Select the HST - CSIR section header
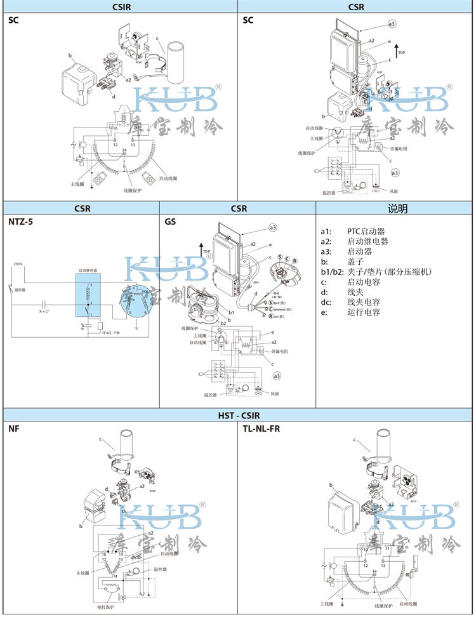[238, 415]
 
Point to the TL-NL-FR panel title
[261, 429]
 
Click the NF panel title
[13, 429]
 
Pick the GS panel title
[170, 222]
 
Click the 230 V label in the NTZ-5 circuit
[17, 263]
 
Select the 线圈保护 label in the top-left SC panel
[132, 190]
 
